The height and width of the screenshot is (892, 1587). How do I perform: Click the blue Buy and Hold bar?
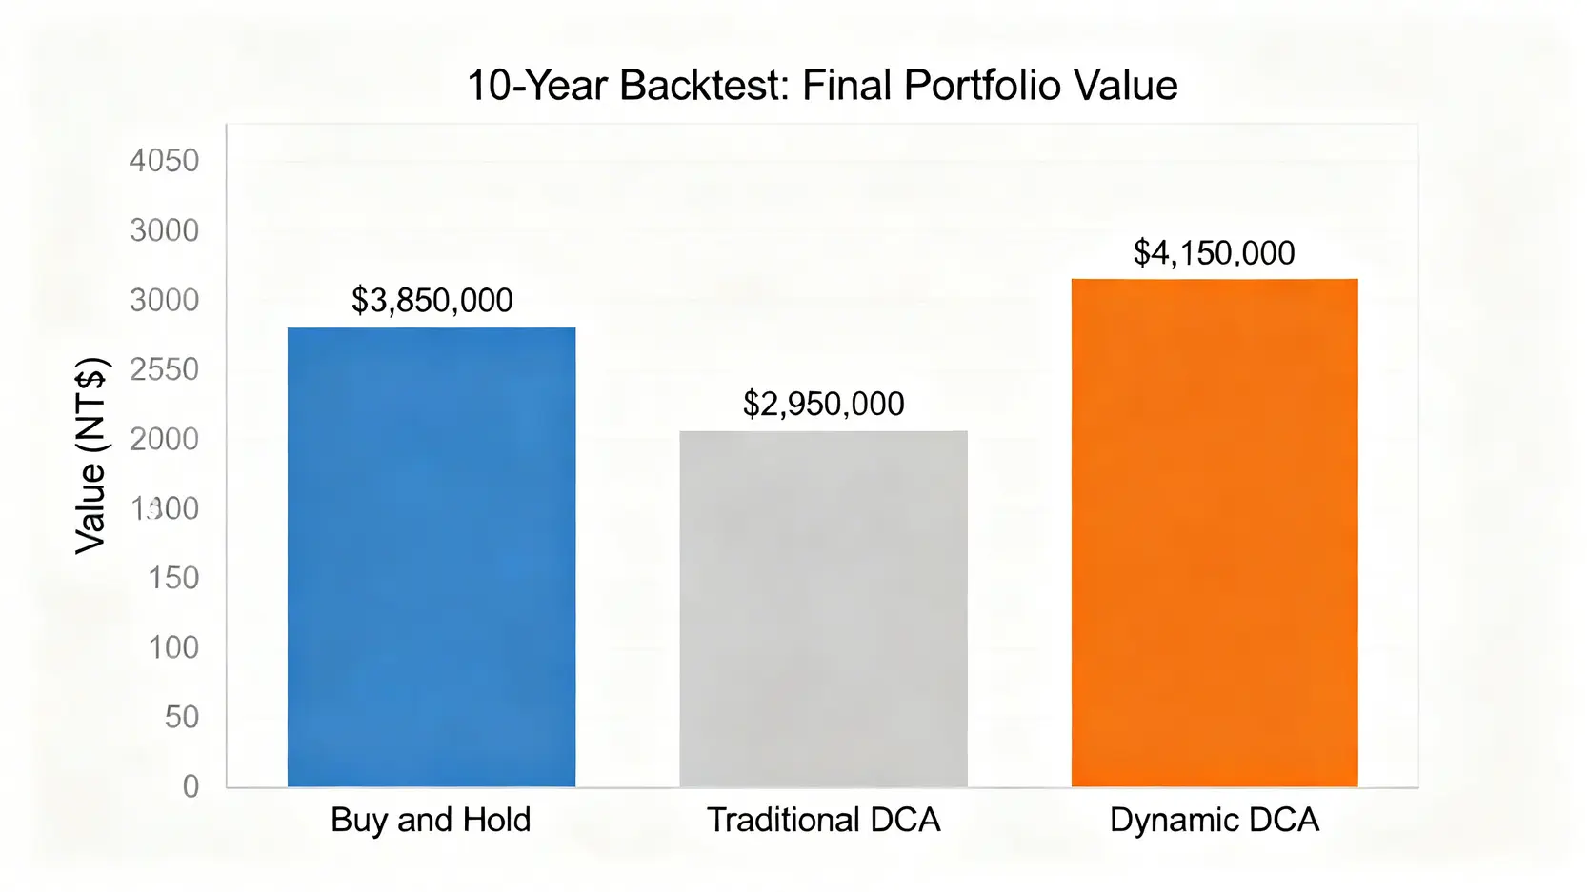click(432, 557)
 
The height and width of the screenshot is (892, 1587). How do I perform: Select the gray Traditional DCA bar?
click(823, 609)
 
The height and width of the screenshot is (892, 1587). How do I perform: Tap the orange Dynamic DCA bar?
click(1215, 533)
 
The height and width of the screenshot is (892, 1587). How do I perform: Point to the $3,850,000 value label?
click(432, 301)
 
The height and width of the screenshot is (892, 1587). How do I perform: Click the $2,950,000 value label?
click(824, 405)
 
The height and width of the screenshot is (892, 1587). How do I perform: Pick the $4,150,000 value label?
click(1215, 253)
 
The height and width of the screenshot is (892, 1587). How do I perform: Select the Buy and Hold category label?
click(431, 820)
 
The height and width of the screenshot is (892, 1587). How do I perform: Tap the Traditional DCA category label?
click(824, 820)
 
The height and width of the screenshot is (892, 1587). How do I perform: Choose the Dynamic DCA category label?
click(1215, 820)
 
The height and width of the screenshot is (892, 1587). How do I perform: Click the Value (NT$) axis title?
click(91, 456)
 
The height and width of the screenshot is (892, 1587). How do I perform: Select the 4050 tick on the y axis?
click(165, 161)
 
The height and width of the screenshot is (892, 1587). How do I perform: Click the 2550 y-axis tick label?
click(165, 369)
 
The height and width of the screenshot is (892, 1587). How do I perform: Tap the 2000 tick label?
click(165, 439)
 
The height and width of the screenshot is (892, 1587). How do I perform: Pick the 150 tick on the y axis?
click(173, 578)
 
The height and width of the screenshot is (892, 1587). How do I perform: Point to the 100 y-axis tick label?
click(173, 647)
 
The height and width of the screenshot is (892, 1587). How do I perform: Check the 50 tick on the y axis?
click(182, 717)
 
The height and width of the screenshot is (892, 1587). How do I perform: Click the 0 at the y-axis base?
click(191, 786)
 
